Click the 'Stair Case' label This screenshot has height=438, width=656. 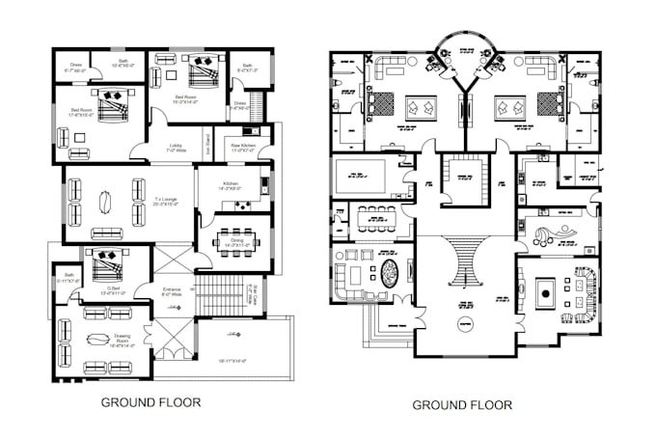pyautogui.click(x=256, y=290)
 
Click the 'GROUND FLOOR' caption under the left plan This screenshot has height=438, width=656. pyautogui.click(x=151, y=402)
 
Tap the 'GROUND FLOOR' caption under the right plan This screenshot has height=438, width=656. pyautogui.click(x=462, y=405)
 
